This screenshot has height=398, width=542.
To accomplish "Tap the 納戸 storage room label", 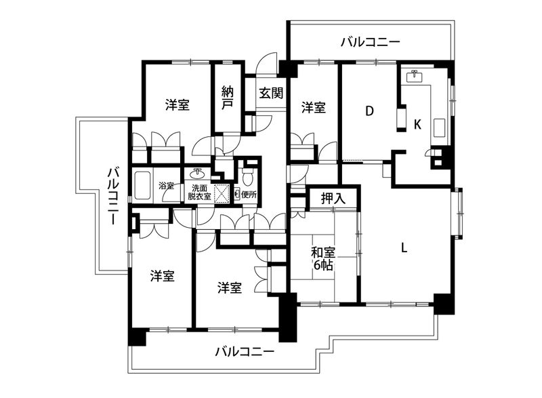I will click(227, 99).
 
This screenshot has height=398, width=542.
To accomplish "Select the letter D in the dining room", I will click(370, 111).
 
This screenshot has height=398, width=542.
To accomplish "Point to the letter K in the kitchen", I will click(418, 125).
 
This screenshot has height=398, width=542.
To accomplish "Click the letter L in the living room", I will click(404, 247).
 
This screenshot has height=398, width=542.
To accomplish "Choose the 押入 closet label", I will click(333, 199).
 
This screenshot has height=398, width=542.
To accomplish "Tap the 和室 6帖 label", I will click(322, 259).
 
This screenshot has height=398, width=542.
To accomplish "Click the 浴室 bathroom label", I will click(167, 185).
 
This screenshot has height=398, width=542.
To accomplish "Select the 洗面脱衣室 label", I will click(200, 192).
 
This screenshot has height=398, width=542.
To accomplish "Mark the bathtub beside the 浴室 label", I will click(143, 185).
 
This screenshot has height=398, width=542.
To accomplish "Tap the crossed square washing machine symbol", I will click(222, 193).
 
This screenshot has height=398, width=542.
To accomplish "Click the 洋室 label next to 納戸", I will click(178, 105).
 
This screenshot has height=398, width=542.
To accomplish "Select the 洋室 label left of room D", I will click(314, 108).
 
